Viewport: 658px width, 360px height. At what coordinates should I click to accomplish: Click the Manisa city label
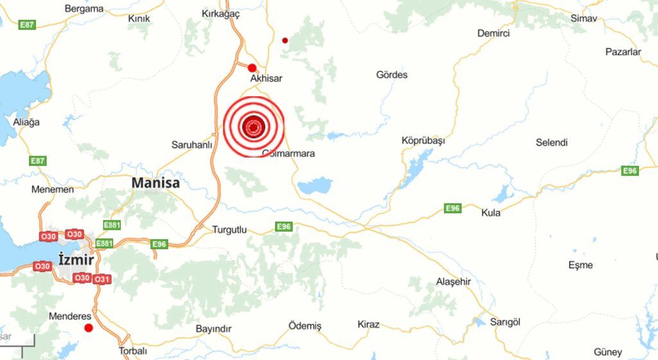[156, 183]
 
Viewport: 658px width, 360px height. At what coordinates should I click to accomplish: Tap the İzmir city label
[76, 260]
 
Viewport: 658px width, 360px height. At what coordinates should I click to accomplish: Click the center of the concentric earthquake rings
[253, 127]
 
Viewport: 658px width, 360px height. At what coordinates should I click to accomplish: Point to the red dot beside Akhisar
[252, 67]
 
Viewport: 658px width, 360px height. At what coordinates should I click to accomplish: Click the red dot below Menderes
[89, 328]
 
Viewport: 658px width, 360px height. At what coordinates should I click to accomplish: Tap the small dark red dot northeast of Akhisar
[285, 40]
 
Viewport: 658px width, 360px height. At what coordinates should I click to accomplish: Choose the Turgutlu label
[229, 230]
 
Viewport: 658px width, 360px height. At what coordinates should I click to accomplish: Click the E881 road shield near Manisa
[112, 225]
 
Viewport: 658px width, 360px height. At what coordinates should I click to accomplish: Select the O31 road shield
[102, 280]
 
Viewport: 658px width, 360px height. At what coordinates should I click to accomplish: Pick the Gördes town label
[391, 75]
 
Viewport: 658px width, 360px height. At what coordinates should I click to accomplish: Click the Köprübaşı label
[423, 140]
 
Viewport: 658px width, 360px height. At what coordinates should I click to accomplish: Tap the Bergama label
[84, 9]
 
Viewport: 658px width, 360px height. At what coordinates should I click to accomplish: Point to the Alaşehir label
[454, 282]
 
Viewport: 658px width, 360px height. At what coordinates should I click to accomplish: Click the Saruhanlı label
[191, 145]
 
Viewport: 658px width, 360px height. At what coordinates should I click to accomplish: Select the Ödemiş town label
[305, 326]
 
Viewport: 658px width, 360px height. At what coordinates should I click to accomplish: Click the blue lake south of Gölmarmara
[314, 186]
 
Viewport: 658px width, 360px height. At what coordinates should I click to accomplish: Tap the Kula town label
[491, 212]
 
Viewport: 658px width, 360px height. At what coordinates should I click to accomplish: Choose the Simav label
[583, 18]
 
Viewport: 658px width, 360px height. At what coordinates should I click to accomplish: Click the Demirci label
[493, 33]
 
